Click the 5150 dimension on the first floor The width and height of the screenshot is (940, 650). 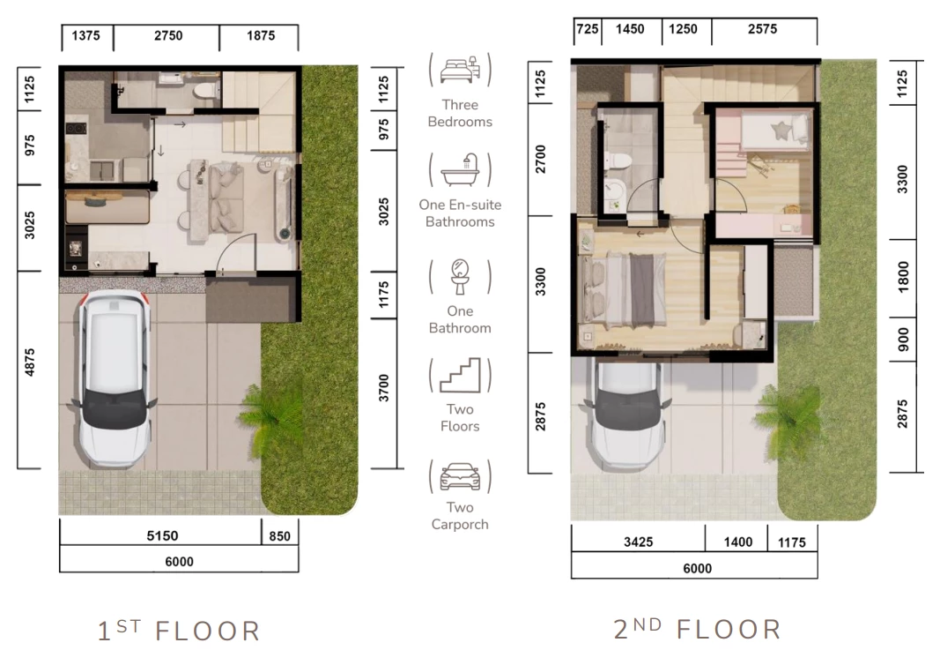[x=162, y=535]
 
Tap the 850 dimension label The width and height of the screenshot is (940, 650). [x=279, y=536]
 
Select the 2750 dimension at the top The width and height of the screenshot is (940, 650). [x=168, y=35]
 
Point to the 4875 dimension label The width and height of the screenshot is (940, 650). [x=29, y=362]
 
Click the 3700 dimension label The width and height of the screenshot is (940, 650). [x=384, y=388]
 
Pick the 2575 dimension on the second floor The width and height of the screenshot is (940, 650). [x=762, y=29]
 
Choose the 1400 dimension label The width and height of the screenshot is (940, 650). [x=737, y=542]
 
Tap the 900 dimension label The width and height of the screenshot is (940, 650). [x=903, y=340]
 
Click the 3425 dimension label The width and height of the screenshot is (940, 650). [x=638, y=542]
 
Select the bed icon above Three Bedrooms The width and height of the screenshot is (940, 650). [x=460, y=70]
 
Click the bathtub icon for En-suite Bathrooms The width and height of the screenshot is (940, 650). [x=461, y=170]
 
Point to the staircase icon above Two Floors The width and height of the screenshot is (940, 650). [x=460, y=375]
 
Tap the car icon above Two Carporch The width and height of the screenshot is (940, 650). [x=460, y=476]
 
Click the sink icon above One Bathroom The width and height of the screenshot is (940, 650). [x=460, y=277]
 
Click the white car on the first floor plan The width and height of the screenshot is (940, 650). [x=114, y=378]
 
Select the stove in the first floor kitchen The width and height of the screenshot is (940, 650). [x=76, y=129]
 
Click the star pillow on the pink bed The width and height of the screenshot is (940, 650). [x=781, y=131]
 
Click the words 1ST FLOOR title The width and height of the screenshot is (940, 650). [x=179, y=631]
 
